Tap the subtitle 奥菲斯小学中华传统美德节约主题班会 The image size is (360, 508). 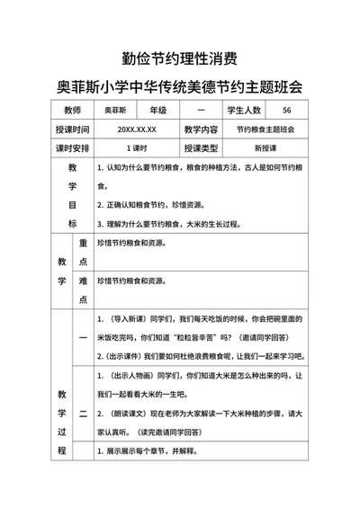(179, 87)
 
